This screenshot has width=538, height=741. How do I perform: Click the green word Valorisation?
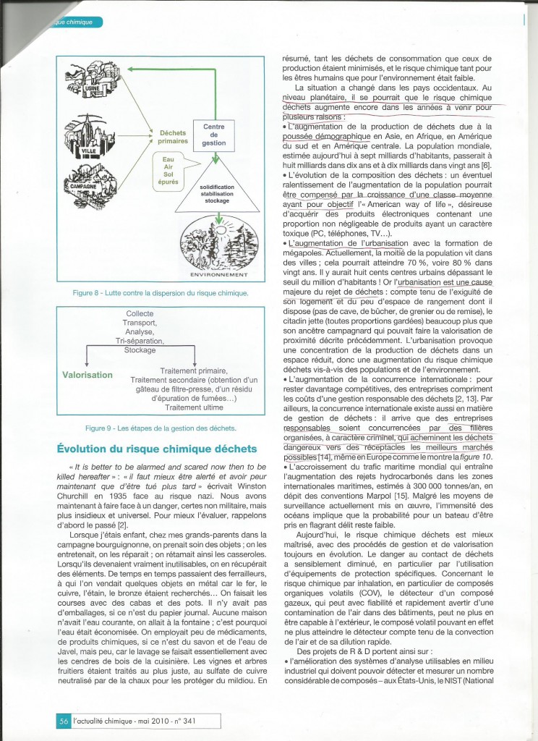click(x=87, y=375)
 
